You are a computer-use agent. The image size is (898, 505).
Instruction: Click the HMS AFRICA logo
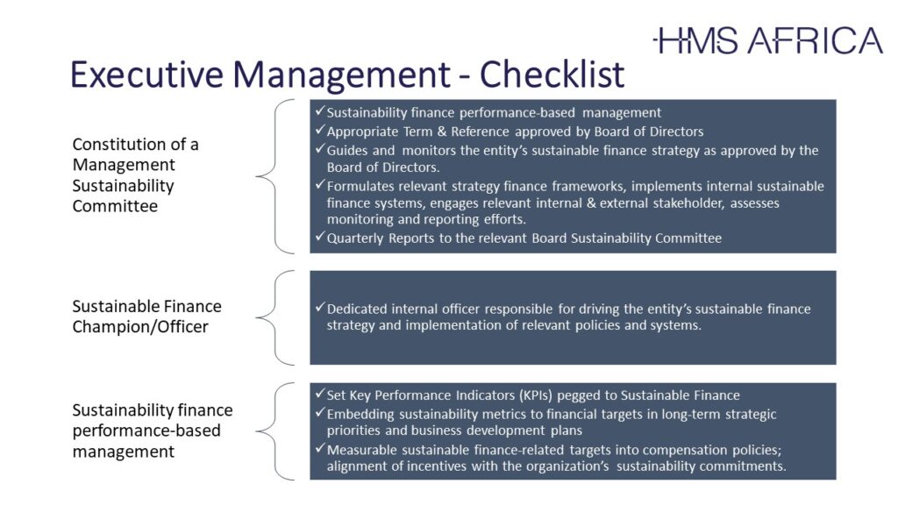coord(768,40)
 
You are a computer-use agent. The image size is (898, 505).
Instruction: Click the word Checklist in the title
coord(552,74)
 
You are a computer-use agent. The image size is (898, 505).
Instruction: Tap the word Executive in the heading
coord(146,74)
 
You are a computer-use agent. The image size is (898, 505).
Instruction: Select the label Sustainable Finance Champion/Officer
coord(146,317)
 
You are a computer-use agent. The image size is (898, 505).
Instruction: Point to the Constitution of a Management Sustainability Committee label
coord(136,175)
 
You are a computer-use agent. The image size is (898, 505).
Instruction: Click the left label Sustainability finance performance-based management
coord(153,430)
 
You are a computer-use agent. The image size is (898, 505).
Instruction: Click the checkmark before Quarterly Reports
coord(320,237)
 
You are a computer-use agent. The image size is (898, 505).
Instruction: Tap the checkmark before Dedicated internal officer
coord(320,308)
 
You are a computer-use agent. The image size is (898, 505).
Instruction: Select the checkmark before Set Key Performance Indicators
coord(320,394)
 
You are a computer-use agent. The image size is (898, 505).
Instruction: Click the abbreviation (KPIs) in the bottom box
coord(536,395)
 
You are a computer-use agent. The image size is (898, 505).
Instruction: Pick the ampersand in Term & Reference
coord(442,132)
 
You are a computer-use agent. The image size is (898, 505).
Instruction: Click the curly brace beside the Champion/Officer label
coord(275,317)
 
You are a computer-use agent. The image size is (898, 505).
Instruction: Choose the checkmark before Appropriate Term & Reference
coord(320,130)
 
